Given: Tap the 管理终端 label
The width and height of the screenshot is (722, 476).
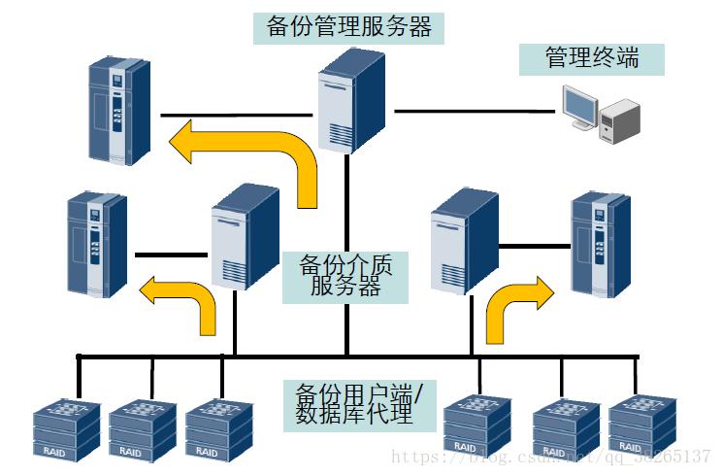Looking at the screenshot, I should pos(592,57).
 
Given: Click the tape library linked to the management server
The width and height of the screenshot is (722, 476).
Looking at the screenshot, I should pos(118,108).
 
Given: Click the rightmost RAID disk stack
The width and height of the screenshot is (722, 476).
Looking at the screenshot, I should pos(641,425).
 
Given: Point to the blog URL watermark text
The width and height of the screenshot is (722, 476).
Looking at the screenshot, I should pos(549,456).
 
